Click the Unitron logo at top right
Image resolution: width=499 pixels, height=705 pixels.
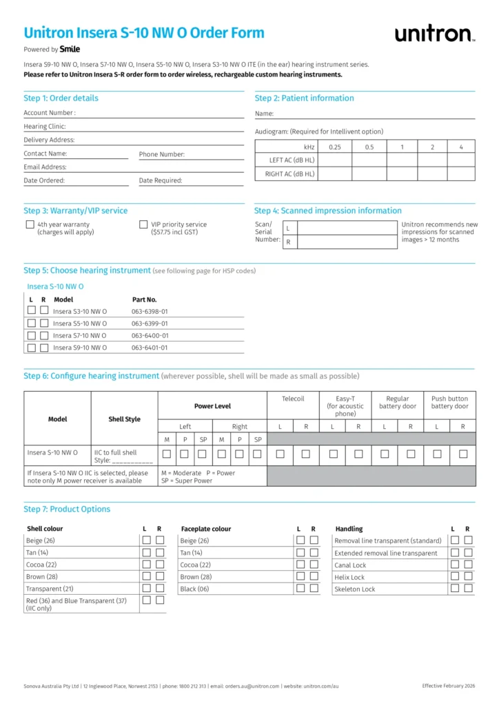(x=434, y=34)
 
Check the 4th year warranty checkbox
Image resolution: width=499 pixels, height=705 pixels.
(x=30, y=224)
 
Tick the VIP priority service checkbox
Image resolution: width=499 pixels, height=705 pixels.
(x=143, y=224)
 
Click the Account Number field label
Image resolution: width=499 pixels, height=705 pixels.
(x=50, y=113)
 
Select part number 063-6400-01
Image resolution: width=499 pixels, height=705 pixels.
(x=150, y=335)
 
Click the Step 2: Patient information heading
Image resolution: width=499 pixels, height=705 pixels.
(x=304, y=98)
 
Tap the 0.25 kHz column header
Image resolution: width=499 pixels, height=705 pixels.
(x=335, y=147)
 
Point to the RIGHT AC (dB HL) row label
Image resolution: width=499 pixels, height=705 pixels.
(x=289, y=174)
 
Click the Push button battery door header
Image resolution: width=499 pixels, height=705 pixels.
(x=449, y=402)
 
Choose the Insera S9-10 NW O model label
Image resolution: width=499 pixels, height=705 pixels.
(x=80, y=348)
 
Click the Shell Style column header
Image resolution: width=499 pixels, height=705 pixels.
(x=124, y=419)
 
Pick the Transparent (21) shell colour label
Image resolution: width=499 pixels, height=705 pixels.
(x=50, y=589)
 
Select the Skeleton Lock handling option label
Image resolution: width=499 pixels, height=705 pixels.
(x=354, y=589)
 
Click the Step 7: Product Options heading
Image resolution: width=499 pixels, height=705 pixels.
(x=67, y=509)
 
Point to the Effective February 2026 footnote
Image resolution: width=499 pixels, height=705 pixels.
(x=449, y=686)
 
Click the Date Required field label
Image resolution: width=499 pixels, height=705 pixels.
(x=161, y=180)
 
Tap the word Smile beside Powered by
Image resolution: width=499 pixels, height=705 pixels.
(x=70, y=50)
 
